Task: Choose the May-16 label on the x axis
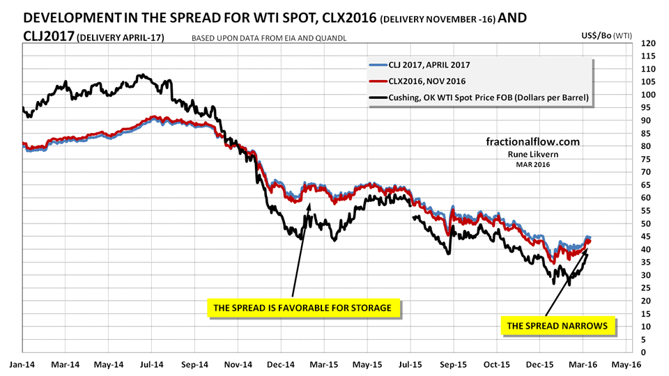pyautogui.click(x=626, y=365)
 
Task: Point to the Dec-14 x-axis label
pyautogui.click(x=281, y=365)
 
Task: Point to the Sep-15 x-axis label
pyautogui.click(x=454, y=365)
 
